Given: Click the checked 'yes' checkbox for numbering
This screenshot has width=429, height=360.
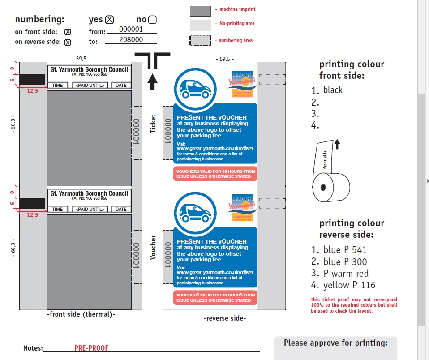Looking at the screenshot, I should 110,20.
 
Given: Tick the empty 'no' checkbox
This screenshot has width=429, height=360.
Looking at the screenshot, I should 152,20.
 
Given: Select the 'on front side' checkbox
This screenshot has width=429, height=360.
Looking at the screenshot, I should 68,32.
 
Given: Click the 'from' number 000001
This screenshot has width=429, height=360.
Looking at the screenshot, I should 131,30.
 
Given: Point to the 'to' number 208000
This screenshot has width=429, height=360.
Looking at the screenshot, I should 131,40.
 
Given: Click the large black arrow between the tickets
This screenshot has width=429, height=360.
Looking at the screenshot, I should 153,81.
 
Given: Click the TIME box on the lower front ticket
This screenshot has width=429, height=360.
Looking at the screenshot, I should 57,209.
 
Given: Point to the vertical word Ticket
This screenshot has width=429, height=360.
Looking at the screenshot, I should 154,124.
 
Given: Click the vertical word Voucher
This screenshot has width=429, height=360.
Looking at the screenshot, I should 154,247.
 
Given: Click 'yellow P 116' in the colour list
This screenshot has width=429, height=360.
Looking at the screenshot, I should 349,285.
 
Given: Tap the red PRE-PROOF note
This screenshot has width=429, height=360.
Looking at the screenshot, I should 91,348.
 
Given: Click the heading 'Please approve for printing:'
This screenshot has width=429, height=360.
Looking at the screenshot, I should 335,343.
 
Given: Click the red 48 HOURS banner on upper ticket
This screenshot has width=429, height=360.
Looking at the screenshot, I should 215,174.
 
